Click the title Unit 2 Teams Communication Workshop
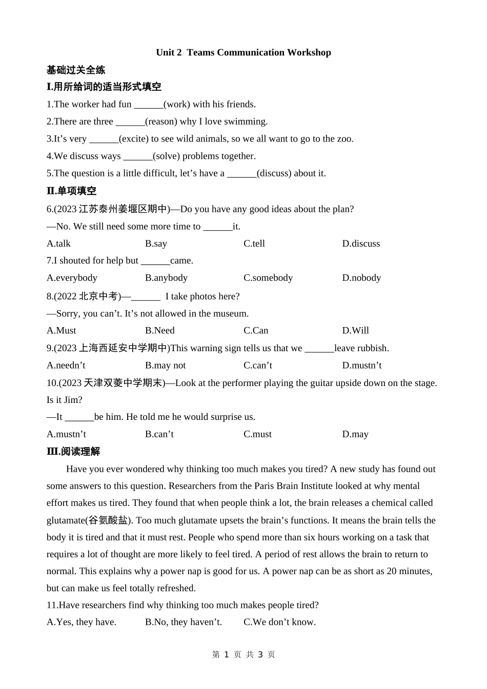pos(243,52)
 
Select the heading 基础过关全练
pos(76,70)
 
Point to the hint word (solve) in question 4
pos(167,156)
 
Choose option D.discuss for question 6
pos(361,244)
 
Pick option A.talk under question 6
pos(58,244)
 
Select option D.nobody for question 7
pos(361,278)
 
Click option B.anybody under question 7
pos(166,278)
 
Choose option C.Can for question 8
pos(256,331)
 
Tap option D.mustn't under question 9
pos(362,366)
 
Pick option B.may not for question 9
pos(165,366)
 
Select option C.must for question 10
pos(257,434)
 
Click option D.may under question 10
pos(355,434)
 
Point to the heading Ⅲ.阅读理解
pos(73,452)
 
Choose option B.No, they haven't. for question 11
pos(184,622)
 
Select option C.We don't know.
pos(279,622)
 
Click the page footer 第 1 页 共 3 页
pos(243,655)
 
